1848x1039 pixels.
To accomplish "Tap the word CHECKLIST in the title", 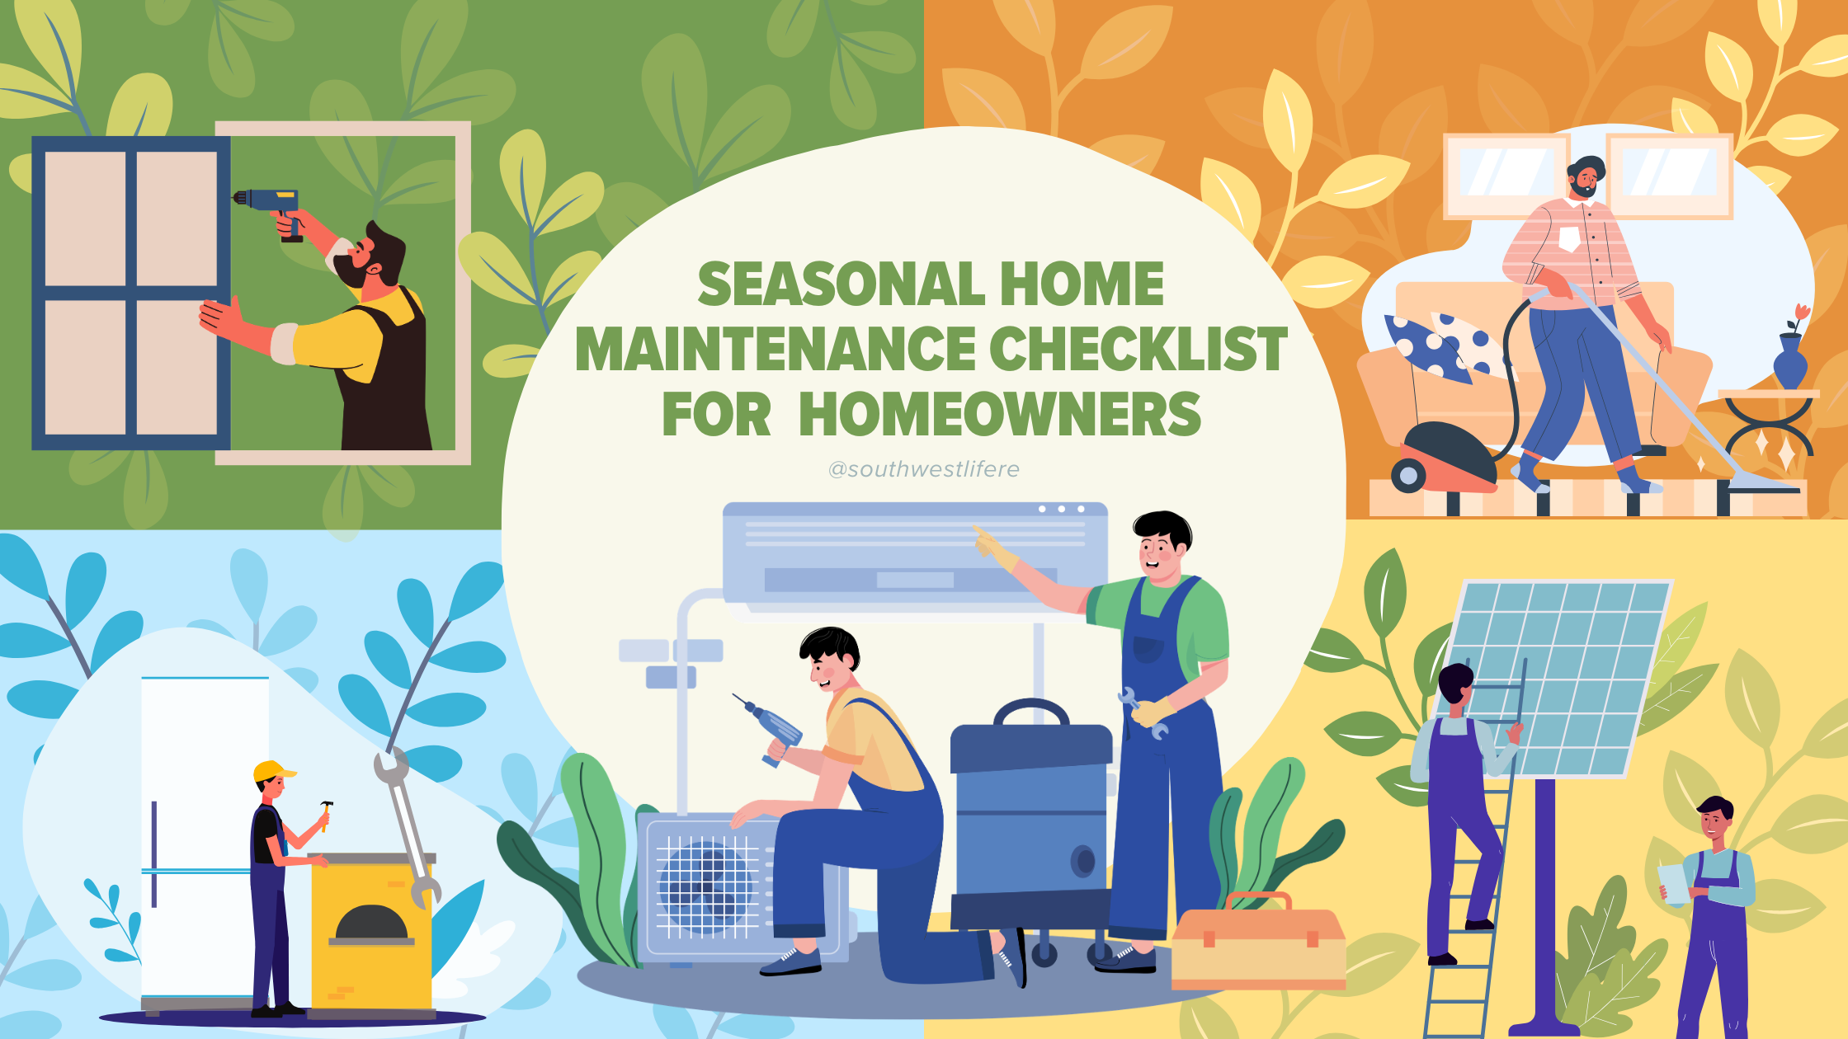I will click(1138, 349).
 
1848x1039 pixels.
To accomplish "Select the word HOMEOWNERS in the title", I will click(999, 414).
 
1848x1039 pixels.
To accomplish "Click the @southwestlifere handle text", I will click(924, 469).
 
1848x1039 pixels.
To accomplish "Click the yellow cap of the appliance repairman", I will click(272, 772).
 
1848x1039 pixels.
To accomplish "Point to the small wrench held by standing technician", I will click(1142, 713).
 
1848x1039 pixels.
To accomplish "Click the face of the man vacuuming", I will click(1584, 179).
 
